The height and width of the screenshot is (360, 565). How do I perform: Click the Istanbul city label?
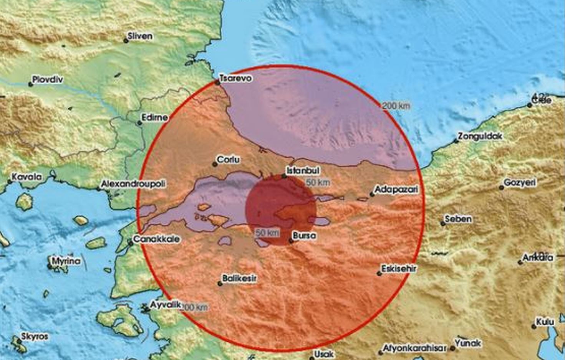[x=303, y=170]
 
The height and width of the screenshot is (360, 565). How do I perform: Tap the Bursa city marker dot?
[x=291, y=241]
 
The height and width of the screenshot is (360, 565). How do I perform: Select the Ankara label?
[x=538, y=258]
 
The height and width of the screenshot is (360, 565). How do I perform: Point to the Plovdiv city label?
[x=48, y=79]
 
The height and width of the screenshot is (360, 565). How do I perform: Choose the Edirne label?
[x=155, y=117]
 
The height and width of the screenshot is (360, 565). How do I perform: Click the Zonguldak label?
[x=480, y=136]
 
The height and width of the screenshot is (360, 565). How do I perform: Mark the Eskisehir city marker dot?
[x=379, y=274]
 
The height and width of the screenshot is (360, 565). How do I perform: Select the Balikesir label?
[x=239, y=278]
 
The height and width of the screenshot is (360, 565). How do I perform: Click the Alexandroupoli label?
[x=133, y=184]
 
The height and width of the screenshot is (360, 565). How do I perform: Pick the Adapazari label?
[x=396, y=189]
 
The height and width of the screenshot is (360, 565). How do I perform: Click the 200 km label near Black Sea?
[x=396, y=106]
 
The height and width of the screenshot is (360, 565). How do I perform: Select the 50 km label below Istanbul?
[x=318, y=182]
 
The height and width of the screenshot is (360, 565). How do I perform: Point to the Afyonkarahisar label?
[x=414, y=348]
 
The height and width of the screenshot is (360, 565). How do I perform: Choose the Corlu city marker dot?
[x=215, y=164]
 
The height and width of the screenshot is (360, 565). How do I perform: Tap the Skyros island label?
[x=35, y=337]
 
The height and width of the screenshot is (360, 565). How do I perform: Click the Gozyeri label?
[x=519, y=183]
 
